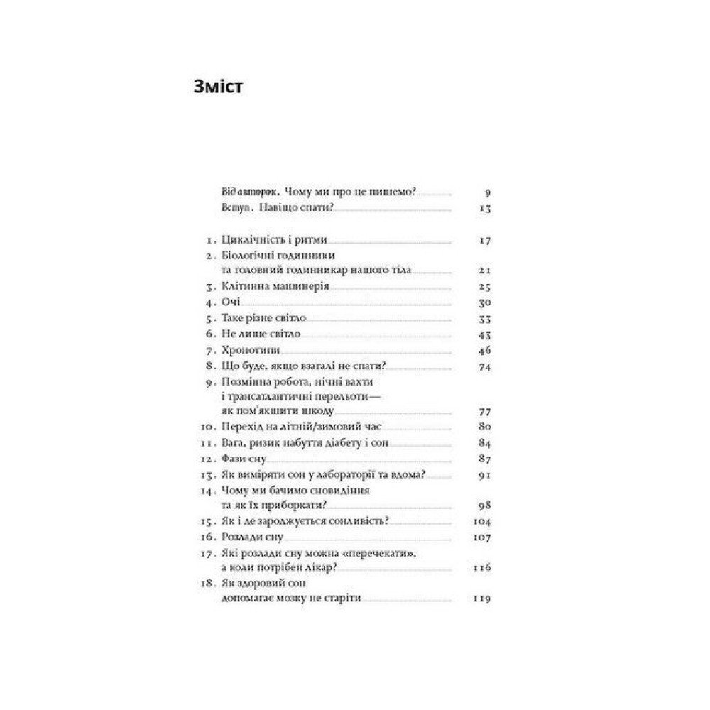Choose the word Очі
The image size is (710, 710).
click(231, 303)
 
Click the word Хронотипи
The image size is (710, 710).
click(252, 351)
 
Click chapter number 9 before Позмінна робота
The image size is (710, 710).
click(207, 382)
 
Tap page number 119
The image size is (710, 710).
click(482, 600)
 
